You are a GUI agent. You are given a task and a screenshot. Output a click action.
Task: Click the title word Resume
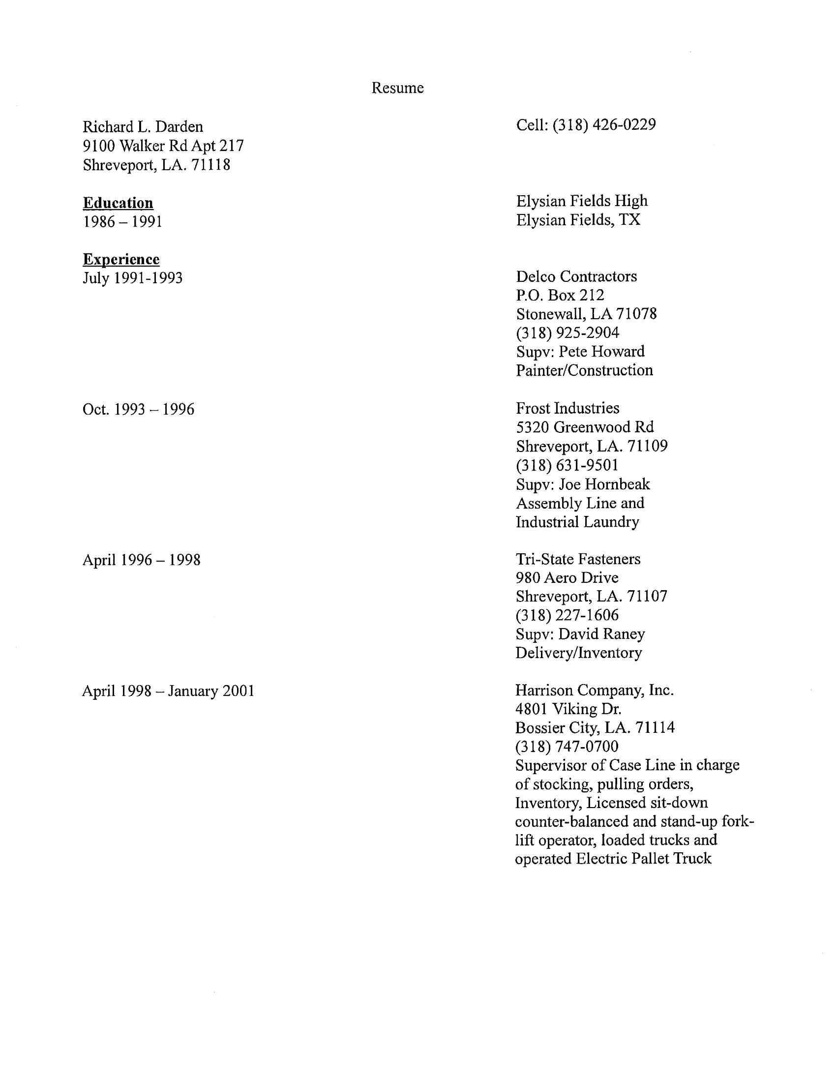pos(397,88)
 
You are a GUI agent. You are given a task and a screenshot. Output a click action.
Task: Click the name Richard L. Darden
pos(143,127)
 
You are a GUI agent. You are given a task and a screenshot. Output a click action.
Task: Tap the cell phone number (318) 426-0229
pos(604,124)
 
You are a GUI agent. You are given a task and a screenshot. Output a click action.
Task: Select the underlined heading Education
pos(118,203)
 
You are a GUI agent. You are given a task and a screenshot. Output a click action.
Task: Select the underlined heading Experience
pos(121,259)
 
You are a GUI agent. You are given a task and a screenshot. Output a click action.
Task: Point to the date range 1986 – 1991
pos(122,221)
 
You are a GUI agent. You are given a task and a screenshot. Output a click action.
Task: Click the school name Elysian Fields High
pos(581,201)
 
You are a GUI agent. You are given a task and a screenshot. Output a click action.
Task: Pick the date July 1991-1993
pos(132,278)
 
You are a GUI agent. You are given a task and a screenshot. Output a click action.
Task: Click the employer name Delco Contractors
pos(576,276)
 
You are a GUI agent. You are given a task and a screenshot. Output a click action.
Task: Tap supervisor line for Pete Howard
pos(580,351)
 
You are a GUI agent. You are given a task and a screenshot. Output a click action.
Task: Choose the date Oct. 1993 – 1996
pos(138,409)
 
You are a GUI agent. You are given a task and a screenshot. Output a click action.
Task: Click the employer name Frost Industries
pos(567,408)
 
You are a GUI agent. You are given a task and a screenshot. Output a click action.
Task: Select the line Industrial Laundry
pos(577,522)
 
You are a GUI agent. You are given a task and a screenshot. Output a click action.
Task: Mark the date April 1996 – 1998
pos(141,560)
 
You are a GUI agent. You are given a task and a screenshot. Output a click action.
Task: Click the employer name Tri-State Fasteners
pos(577,559)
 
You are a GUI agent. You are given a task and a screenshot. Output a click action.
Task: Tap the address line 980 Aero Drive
pos(567,578)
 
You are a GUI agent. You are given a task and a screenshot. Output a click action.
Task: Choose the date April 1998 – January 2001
pos(168,691)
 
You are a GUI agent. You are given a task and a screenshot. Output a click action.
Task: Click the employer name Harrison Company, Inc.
pos(594,690)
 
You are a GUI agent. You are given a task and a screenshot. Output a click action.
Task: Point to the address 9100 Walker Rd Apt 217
pos(163,146)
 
